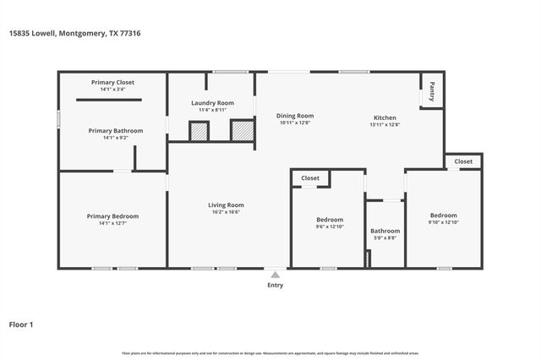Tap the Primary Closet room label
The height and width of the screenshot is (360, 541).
[x=112, y=82]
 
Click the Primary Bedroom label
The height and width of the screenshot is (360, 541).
[x=112, y=216]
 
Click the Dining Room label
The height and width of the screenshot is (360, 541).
[x=296, y=116]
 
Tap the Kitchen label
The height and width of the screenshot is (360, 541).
[x=385, y=117]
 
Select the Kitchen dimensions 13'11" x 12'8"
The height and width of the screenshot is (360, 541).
[x=385, y=125]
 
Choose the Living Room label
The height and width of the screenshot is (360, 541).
[x=226, y=205]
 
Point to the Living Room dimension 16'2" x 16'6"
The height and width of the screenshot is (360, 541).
[x=226, y=212]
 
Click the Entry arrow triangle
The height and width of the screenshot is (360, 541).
[x=275, y=274]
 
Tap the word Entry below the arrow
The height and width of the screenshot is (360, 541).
[x=275, y=285]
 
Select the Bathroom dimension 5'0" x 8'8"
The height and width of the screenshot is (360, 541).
[x=385, y=238]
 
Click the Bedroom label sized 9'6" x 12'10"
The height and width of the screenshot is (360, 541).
[x=330, y=219]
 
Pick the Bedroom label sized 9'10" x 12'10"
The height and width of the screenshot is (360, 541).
[x=443, y=215]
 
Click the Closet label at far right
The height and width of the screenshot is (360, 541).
[x=463, y=161]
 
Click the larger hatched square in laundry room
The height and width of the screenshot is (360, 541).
[x=241, y=131]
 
